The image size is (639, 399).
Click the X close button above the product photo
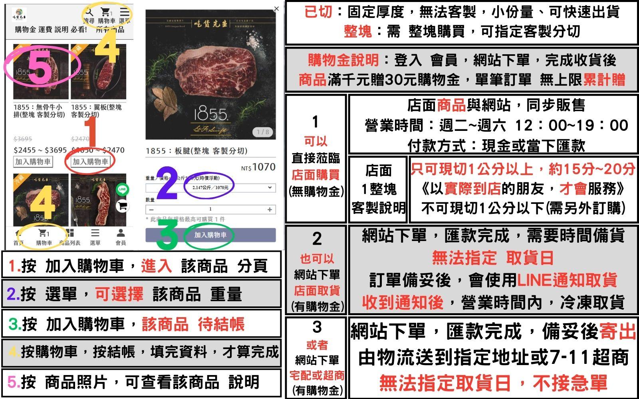pos(276,9)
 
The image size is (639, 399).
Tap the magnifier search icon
pos(89,13)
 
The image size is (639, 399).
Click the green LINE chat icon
pos(122,190)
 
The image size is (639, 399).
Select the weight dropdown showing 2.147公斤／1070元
pos(210,188)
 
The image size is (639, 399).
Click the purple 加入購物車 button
pos(210,235)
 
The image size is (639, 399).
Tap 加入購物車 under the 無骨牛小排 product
pos(33,162)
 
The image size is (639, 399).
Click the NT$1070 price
pos(258,167)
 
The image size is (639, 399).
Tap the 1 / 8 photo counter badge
pos(262,132)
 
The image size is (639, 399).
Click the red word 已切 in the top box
pos(318,12)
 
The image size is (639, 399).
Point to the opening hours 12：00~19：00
pos(572,125)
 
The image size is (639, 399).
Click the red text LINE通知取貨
pos(567,280)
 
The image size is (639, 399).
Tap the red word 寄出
pos(617,332)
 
